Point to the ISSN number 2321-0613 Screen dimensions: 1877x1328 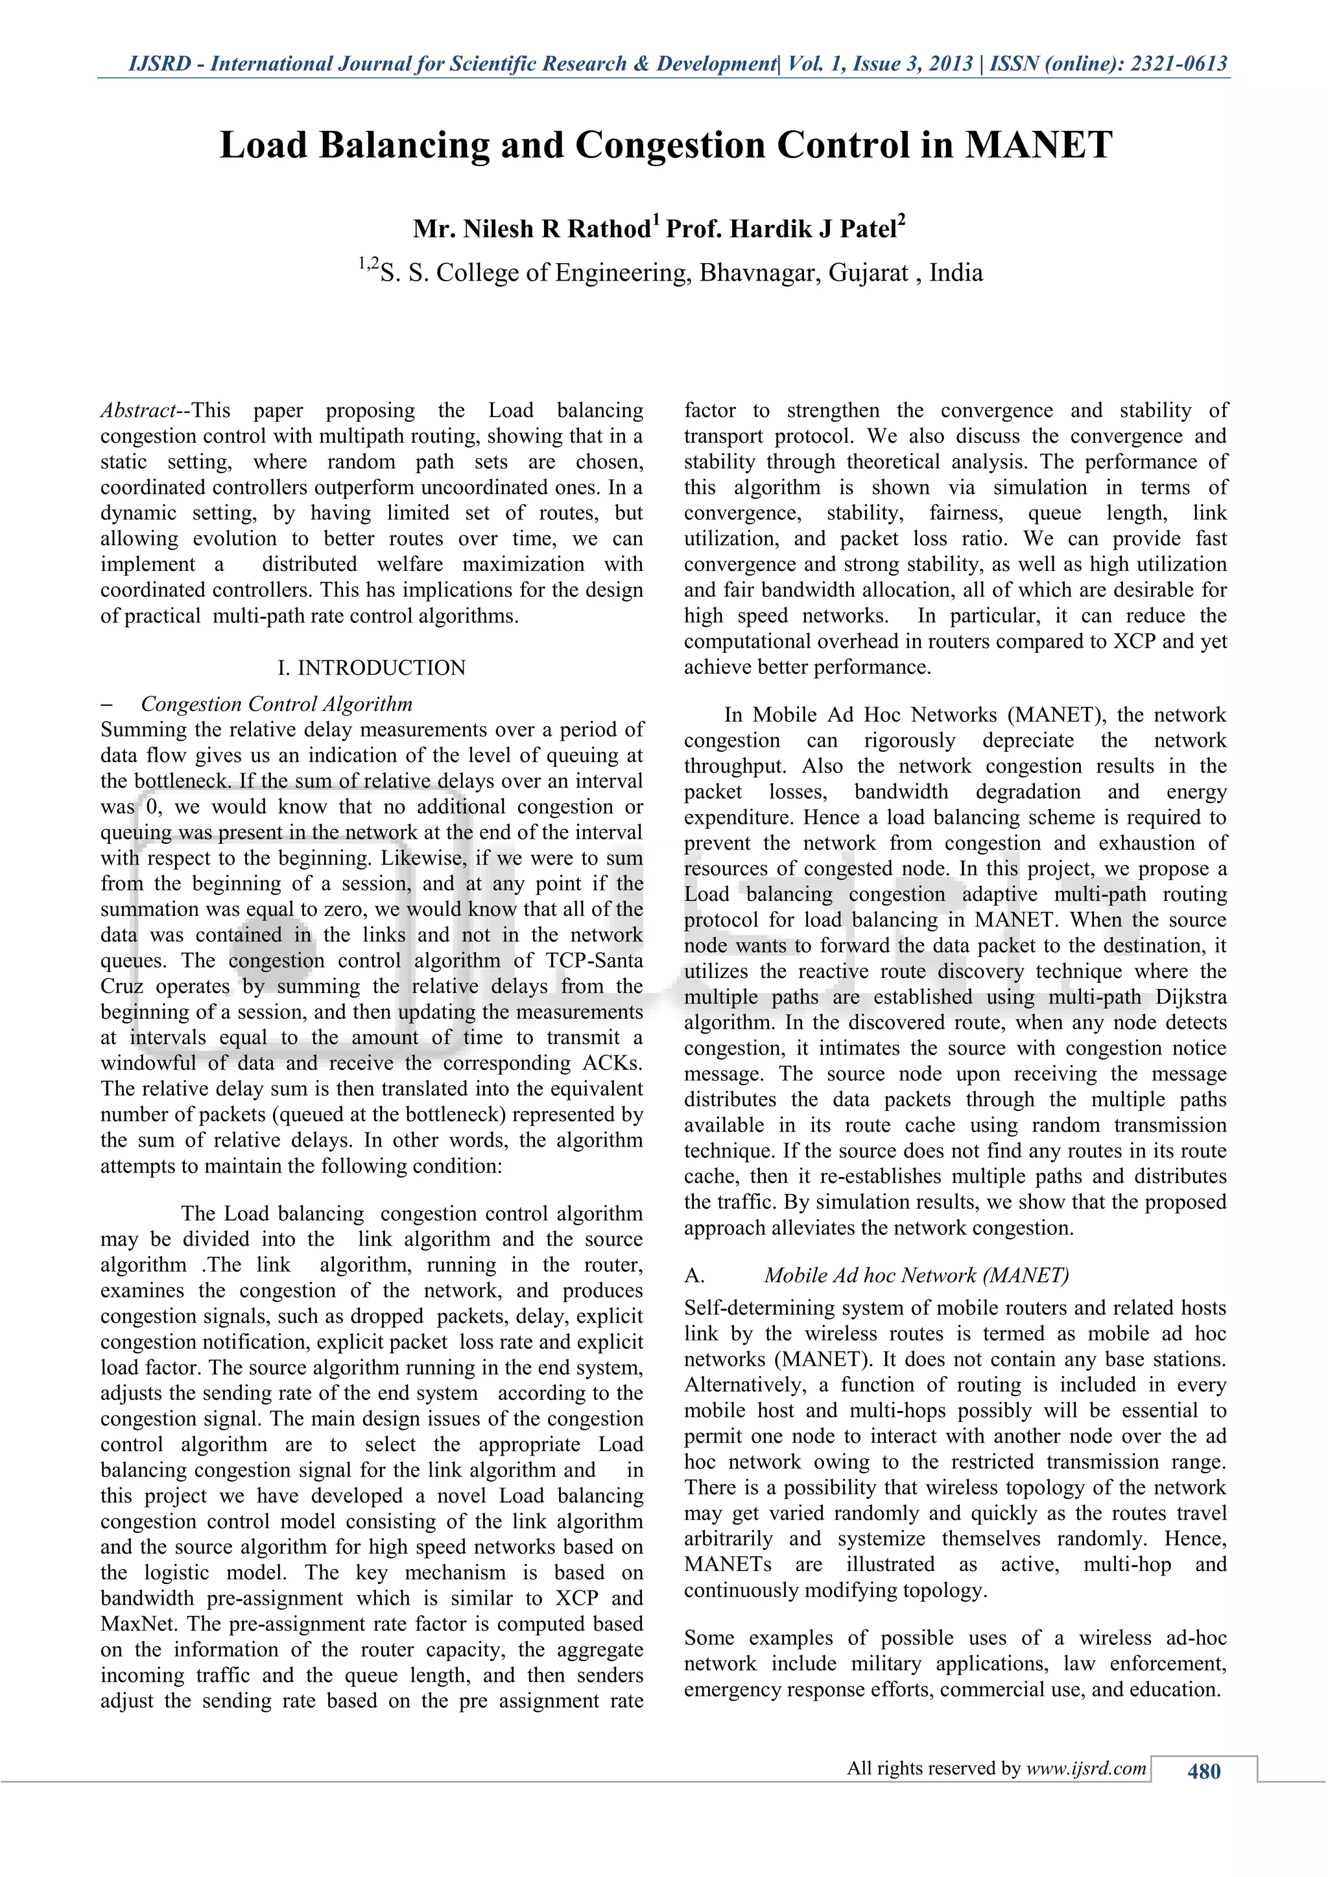click(1178, 64)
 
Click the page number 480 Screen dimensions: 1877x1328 click(1203, 1771)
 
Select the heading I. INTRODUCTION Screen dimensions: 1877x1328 click(372, 668)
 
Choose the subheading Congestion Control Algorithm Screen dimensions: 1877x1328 click(276, 704)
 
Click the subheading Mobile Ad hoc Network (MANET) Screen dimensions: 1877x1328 click(916, 1276)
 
